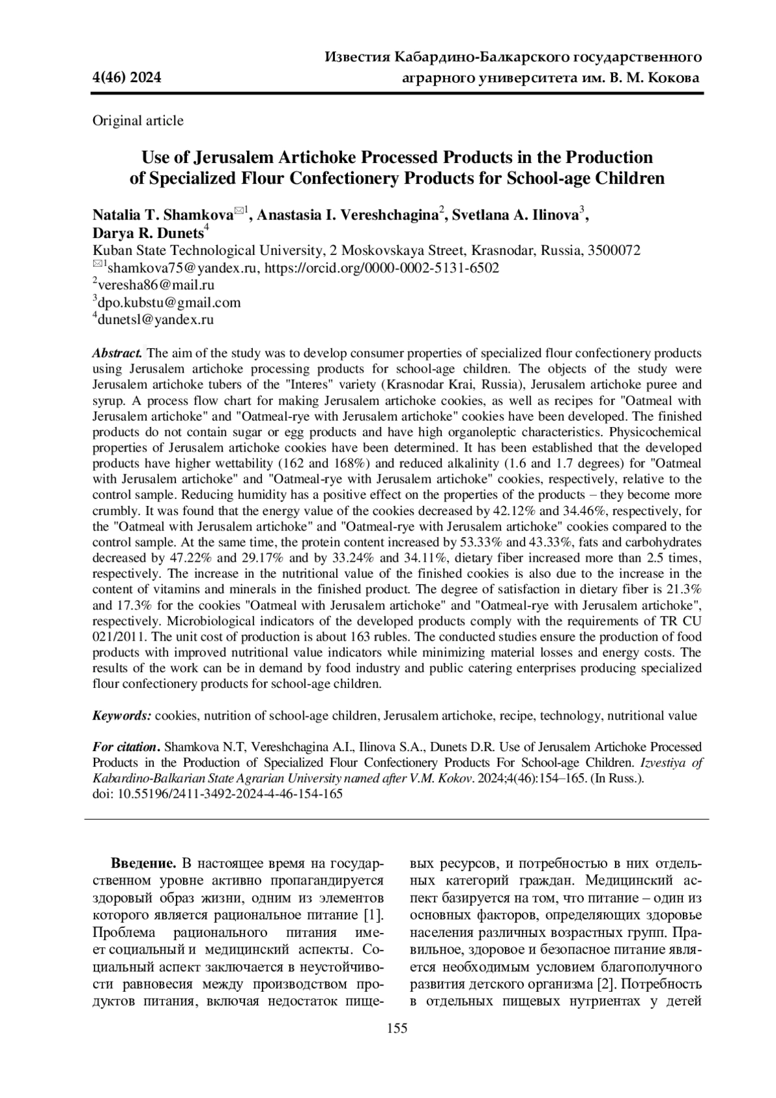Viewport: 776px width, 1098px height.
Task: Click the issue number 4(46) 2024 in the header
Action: point(127,79)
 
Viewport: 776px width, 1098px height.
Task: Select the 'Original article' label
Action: point(138,120)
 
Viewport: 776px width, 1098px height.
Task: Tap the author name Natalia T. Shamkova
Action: point(163,215)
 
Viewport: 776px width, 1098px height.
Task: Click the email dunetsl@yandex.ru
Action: point(155,319)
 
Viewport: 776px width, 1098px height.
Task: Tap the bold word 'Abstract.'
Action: point(118,353)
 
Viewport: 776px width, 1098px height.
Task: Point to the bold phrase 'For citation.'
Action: point(126,747)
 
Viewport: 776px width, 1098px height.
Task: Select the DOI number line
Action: point(217,794)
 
